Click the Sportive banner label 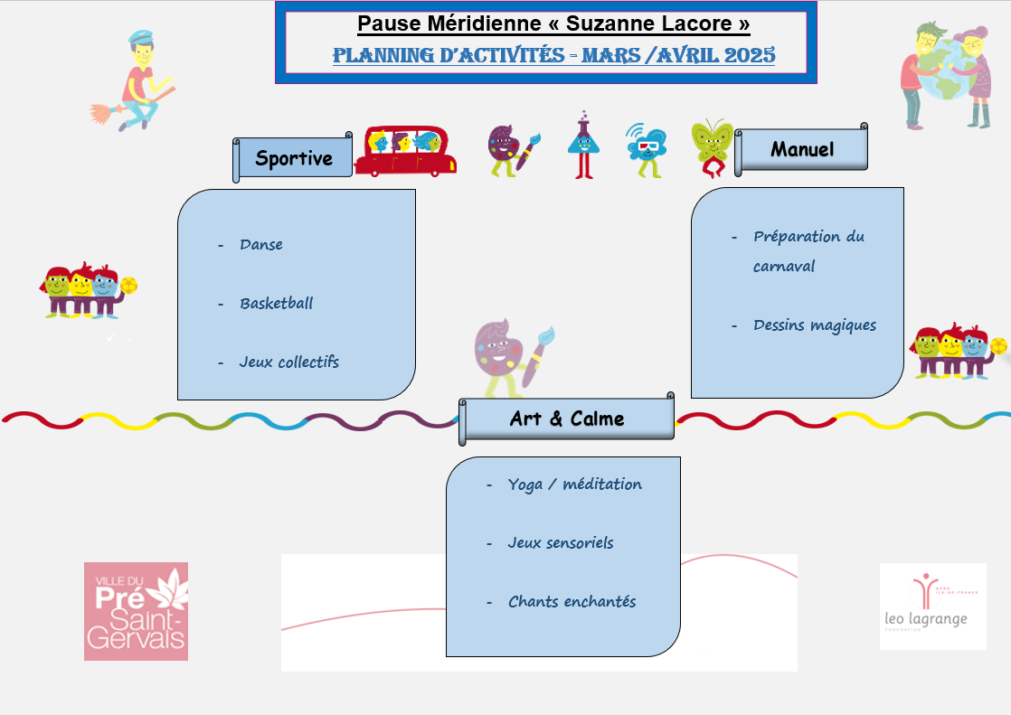(293, 159)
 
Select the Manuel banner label (802, 149)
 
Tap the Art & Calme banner (567, 419)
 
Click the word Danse (261, 245)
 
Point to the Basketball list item (276, 304)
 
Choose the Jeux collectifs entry (288, 362)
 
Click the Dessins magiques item (814, 325)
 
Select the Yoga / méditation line (574, 485)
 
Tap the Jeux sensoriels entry (560, 543)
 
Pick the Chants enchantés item (572, 602)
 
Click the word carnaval (784, 267)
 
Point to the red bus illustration (405, 151)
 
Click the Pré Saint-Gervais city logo (136, 611)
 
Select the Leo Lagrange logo (932, 606)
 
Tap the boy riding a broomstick (135, 80)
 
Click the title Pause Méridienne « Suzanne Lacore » (553, 24)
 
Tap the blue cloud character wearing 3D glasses (646, 147)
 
